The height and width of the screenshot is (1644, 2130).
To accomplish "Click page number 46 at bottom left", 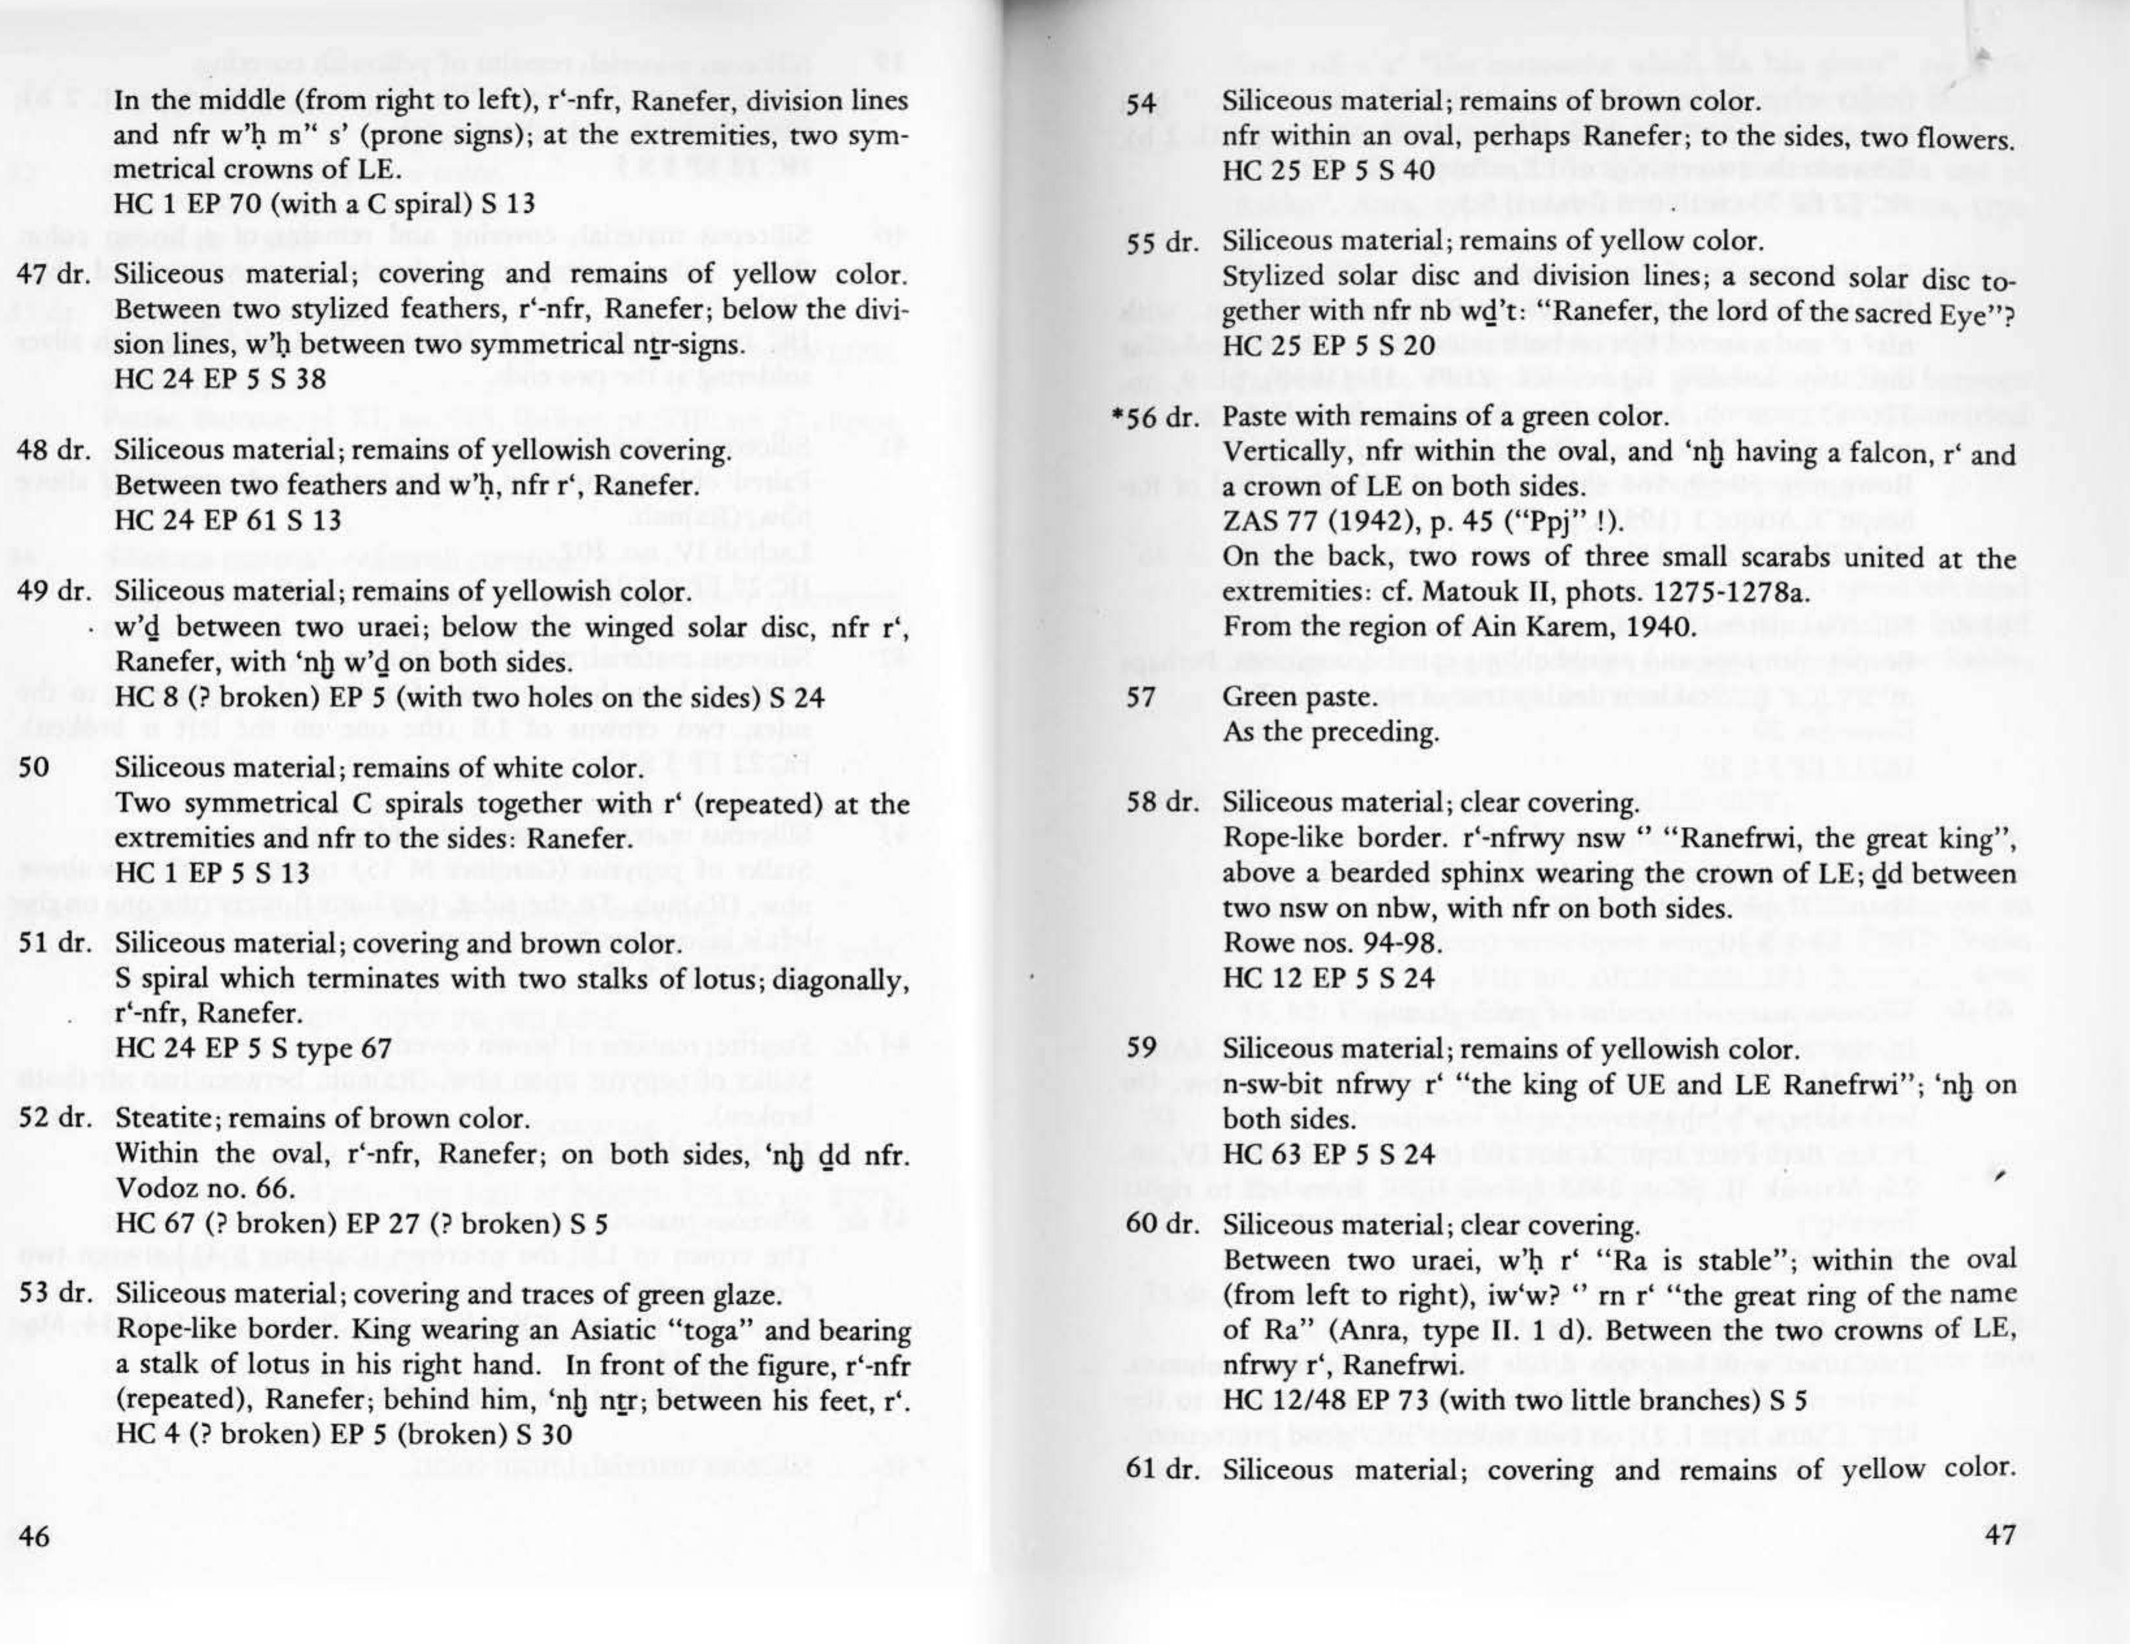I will click(35, 1538).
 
